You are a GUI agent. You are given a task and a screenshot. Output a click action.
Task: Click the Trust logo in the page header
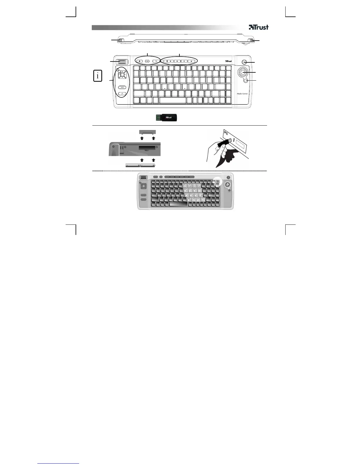tap(259, 27)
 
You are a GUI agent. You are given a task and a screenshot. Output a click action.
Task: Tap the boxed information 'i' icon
tap(98, 76)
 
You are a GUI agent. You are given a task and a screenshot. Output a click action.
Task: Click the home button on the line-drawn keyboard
tap(140, 61)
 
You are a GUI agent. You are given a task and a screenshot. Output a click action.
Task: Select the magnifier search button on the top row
tap(156, 61)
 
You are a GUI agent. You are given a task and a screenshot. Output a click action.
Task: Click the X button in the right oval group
tap(184, 61)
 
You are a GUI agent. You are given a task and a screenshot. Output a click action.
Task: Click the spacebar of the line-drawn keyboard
tap(173, 100)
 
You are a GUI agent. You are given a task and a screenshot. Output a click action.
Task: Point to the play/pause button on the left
tap(122, 87)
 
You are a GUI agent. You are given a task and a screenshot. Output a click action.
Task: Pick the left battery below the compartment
tap(133, 165)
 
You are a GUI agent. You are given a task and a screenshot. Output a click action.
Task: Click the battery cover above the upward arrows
tap(147, 132)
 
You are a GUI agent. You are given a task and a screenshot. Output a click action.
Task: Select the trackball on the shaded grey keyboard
tap(227, 184)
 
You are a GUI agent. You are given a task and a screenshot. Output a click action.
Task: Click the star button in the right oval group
tap(191, 61)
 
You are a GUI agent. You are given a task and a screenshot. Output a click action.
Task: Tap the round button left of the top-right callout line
tap(244, 62)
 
